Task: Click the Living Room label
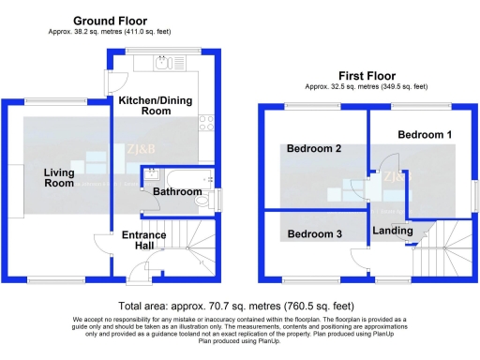point(59,177)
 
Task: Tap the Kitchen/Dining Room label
point(157,105)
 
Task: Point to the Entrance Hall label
point(143,241)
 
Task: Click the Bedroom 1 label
point(425,135)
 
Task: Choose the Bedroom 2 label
point(313,149)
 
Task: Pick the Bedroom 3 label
point(314,233)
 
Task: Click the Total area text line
point(235,306)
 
